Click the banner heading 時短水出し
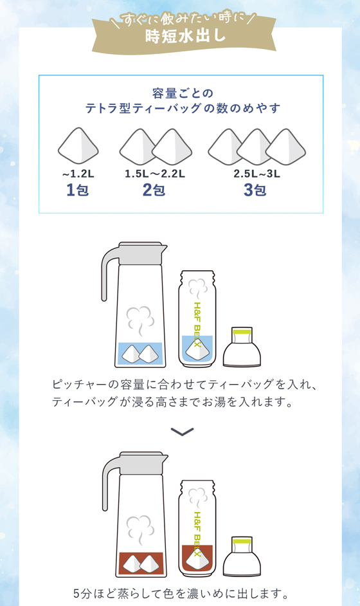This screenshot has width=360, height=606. pyautogui.click(x=185, y=36)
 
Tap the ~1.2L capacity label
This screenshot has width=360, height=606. pyautogui.click(x=78, y=174)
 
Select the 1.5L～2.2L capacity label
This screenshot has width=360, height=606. pyautogui.click(x=155, y=174)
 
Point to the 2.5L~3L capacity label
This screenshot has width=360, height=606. pyautogui.click(x=256, y=174)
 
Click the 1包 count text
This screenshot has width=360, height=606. pyautogui.click(x=78, y=190)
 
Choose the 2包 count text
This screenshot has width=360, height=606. pyautogui.click(x=154, y=190)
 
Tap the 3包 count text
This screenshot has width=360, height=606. pyautogui.click(x=255, y=190)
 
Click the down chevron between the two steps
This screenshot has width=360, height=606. pyautogui.click(x=182, y=432)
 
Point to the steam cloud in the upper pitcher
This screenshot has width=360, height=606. pyautogui.click(x=140, y=320)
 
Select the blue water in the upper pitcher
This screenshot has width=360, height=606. pyautogui.click(x=140, y=354)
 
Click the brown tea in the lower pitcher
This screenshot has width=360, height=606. pyautogui.click(x=141, y=563)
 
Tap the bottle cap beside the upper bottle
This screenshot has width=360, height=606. pyautogui.click(x=242, y=347)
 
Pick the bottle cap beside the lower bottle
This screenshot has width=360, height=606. pyautogui.click(x=242, y=556)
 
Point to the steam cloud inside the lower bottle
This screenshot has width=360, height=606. pyautogui.click(x=197, y=497)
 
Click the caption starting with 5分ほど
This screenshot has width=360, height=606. pyautogui.click(x=181, y=593)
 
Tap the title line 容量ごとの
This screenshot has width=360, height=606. pyautogui.click(x=183, y=93)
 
